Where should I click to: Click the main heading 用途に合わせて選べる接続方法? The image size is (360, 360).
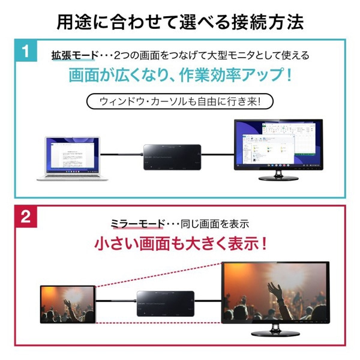tap(180, 22)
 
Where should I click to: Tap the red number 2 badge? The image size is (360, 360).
tap(26, 217)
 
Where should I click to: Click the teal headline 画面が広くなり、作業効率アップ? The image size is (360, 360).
tap(180, 77)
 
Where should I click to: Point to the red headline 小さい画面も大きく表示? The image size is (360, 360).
tap(180, 245)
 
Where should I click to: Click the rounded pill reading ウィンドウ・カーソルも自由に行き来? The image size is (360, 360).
tap(179, 101)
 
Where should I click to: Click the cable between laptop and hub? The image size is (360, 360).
tap(122, 155)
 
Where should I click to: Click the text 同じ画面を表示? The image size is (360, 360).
tap(218, 224)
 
